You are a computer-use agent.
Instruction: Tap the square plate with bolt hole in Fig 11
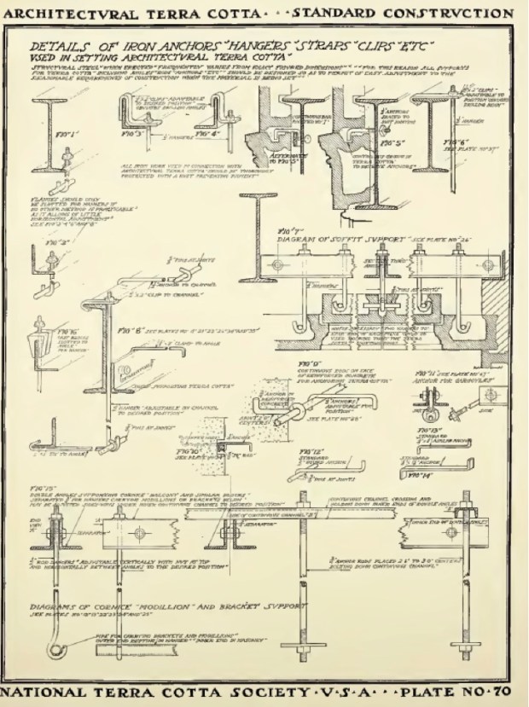[489, 394]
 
